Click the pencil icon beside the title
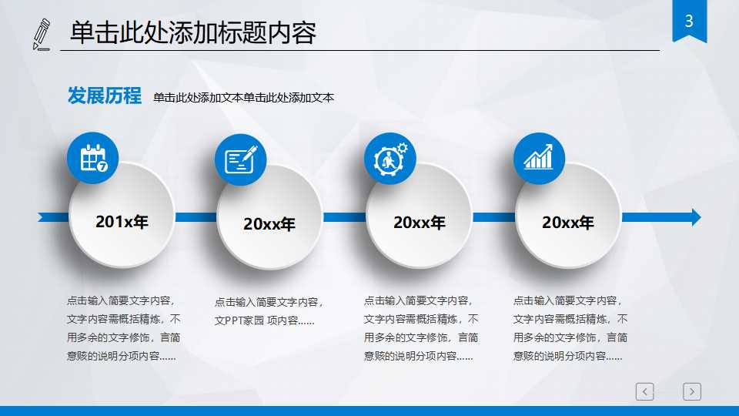[42, 34]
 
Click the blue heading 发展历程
[105, 96]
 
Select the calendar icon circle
[93, 159]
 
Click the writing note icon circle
[240, 159]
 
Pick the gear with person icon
[390, 159]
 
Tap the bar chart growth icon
[539, 159]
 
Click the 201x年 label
[122, 222]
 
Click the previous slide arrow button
[645, 391]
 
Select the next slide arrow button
[692, 391]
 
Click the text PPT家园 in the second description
[243, 320]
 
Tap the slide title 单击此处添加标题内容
[193, 33]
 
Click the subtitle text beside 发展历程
[243, 98]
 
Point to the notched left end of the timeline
[43, 217]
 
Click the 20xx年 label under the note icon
[269, 224]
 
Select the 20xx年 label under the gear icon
[420, 223]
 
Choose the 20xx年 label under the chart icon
[568, 223]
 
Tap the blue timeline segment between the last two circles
[493, 217]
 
